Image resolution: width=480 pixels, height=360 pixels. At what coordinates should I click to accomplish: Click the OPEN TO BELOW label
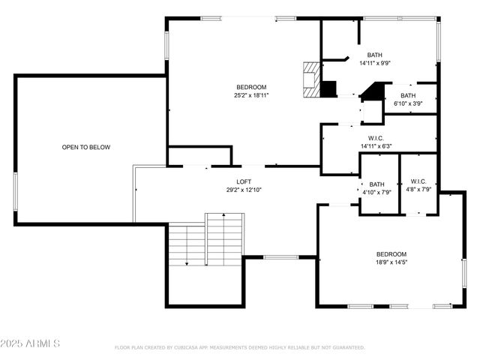tap(85, 147)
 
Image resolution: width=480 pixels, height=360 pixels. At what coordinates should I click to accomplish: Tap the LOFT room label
tap(244, 181)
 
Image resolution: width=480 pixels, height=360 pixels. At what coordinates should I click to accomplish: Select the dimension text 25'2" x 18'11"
tap(250, 95)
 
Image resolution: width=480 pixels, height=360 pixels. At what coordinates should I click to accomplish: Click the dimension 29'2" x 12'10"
tap(244, 190)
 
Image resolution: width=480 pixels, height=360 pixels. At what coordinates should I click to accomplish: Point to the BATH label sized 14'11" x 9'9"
tap(374, 55)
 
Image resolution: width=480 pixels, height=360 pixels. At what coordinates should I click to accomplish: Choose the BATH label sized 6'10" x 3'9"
tap(408, 95)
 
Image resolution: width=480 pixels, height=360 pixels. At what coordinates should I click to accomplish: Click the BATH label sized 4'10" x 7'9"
tap(376, 184)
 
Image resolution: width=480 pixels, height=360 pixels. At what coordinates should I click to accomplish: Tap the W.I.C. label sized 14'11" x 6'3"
tap(376, 138)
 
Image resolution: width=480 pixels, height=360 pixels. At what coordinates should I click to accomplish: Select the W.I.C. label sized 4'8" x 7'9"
tap(418, 181)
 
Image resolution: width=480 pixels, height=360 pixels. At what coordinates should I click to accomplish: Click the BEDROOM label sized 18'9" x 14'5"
tap(391, 253)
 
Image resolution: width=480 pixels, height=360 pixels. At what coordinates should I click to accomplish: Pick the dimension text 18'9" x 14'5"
tap(391, 262)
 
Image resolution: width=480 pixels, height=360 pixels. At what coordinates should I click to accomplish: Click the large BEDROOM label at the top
tap(250, 87)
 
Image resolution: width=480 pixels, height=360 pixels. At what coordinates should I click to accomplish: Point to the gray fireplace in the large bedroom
tap(310, 79)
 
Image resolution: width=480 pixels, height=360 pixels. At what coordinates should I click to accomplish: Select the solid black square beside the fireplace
tap(328, 88)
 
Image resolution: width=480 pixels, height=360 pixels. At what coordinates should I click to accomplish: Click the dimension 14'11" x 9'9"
tap(374, 63)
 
